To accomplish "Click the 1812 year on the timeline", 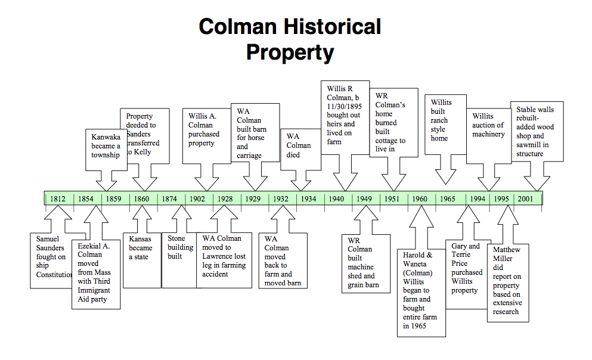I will click(58, 199).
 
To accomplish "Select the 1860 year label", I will click(142, 199).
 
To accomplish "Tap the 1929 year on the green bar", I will click(253, 199).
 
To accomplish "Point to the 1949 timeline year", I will click(364, 199).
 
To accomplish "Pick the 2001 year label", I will click(525, 199).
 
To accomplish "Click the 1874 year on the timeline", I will click(169, 199).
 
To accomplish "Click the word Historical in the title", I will click(332, 27).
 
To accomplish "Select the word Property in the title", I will click(290, 52).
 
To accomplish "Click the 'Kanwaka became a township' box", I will click(106, 146).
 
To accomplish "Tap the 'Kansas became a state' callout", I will click(141, 248).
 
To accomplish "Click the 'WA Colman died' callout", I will click(298, 145).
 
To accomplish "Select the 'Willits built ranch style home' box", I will click(442, 120).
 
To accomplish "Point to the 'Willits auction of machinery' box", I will click(488, 125).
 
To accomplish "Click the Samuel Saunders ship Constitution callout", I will click(52, 257).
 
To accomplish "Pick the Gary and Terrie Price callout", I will click(467, 268).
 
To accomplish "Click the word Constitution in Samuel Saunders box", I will click(54, 275).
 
